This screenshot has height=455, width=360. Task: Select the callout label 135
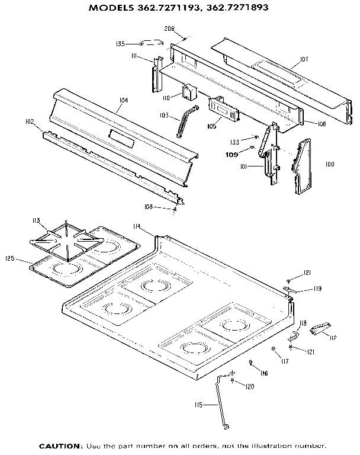coord(120,44)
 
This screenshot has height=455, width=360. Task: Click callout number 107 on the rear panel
coord(304,59)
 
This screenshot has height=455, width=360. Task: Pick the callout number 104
coord(123,101)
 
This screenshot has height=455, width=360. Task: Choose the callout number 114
coord(137,226)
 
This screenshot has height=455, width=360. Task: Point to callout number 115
coord(198,405)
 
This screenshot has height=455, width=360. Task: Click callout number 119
coord(317,289)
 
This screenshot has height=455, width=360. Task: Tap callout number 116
coord(263,373)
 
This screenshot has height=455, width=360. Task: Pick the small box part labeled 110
coord(189,92)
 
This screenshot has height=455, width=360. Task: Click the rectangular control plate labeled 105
coord(223,110)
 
